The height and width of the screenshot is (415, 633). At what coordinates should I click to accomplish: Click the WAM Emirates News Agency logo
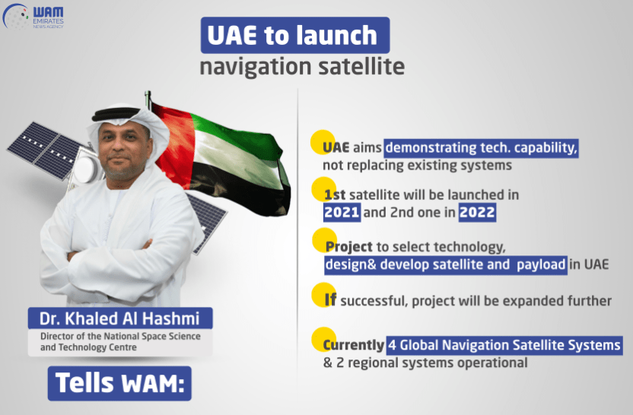[33, 16]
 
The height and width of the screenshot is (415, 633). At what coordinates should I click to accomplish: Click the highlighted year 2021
[342, 212]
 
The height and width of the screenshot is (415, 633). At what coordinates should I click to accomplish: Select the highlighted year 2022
[477, 212]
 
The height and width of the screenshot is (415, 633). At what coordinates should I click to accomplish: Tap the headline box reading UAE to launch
[295, 35]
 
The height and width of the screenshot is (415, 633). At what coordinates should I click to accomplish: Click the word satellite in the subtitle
[361, 67]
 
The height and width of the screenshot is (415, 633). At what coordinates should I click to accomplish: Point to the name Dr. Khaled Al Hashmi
[119, 318]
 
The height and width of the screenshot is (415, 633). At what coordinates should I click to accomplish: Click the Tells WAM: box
[119, 383]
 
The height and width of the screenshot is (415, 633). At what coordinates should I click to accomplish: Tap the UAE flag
[220, 160]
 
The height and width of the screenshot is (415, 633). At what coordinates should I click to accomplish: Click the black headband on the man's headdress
[116, 114]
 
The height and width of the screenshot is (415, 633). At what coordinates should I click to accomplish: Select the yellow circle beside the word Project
[324, 240]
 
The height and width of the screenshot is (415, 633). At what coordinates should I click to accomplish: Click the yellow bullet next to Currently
[324, 339]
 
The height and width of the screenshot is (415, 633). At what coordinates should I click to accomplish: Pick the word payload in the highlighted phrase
[541, 265]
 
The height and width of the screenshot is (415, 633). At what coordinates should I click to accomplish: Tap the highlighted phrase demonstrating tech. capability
[481, 147]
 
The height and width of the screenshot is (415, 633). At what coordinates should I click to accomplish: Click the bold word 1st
[335, 195]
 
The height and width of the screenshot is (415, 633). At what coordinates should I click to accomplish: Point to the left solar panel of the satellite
[44, 150]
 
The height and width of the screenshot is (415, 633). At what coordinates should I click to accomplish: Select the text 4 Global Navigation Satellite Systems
[504, 345]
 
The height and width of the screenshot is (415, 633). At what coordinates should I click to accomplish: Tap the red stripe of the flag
[173, 145]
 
